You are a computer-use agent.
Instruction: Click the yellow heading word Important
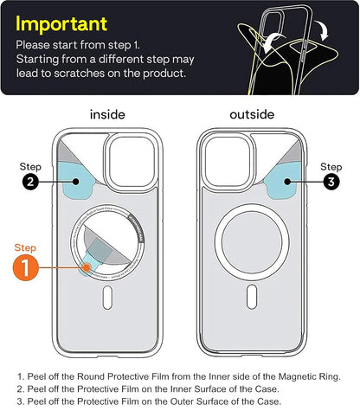(61, 23)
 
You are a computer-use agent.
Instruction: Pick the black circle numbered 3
(330, 183)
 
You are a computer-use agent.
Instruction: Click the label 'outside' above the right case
(251, 114)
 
